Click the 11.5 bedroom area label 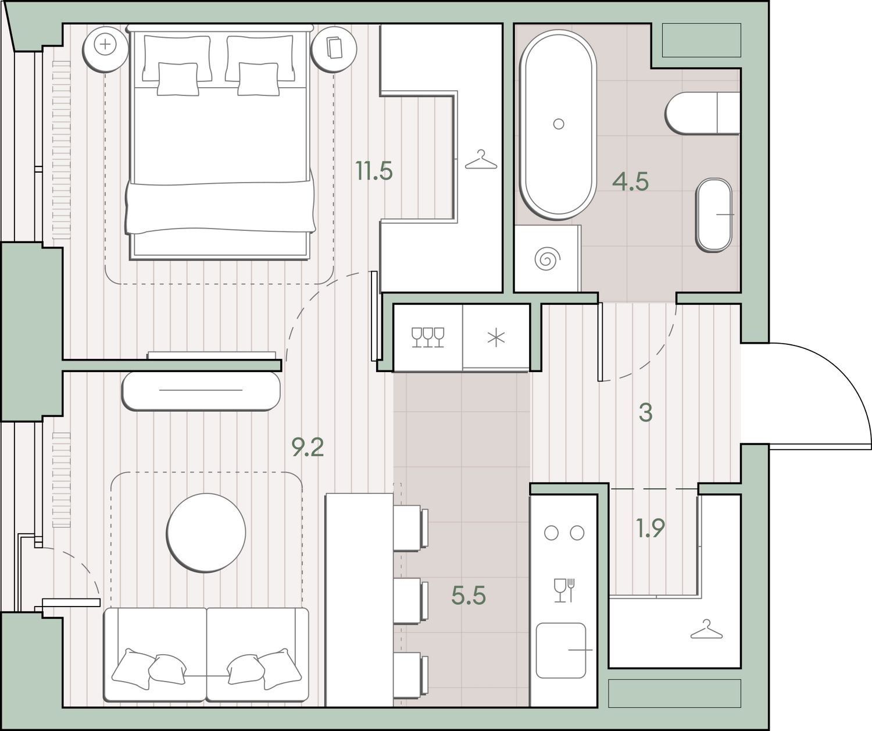coord(374,171)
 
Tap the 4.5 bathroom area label coord(630,181)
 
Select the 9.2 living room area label coord(308,448)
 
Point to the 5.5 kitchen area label coord(469,596)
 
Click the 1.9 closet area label coord(651,528)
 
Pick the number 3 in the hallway coord(646,413)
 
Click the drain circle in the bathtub coord(558,124)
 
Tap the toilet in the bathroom coord(702,113)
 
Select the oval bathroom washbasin coord(714,215)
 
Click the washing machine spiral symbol coord(546,259)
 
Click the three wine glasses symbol coord(428,337)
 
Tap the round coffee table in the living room coord(206,533)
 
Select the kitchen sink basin coord(561,650)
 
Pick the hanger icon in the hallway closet coord(706,629)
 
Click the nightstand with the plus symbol coord(105,49)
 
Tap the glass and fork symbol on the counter coord(564,590)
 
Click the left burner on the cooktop coord(551,533)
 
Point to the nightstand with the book coord(334,49)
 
